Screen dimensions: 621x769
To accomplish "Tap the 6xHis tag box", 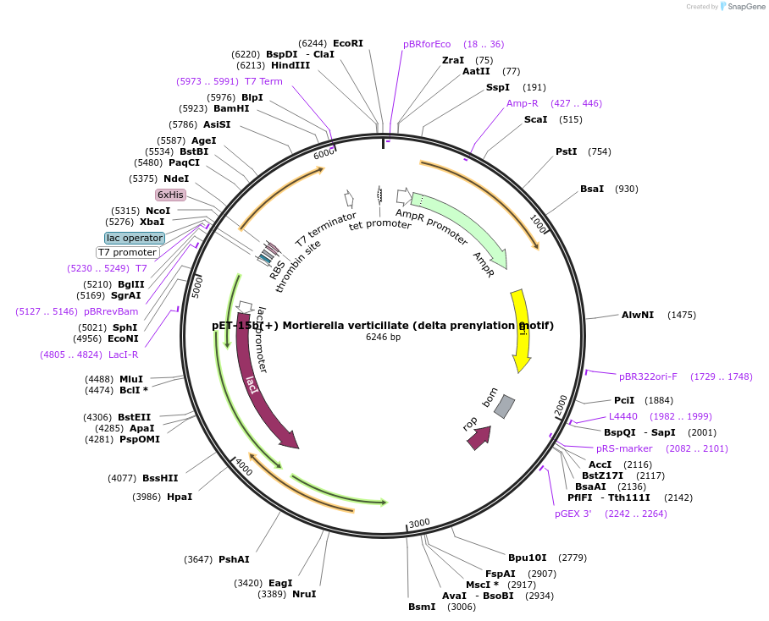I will (x=170, y=195).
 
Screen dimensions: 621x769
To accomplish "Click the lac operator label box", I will (x=134, y=238).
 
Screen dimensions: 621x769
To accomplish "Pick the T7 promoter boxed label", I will (x=127, y=252).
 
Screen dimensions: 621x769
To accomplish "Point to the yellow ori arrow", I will (x=520, y=330).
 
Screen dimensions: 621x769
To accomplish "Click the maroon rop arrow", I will (x=479, y=437).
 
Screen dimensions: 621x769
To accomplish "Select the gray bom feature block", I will (x=504, y=406).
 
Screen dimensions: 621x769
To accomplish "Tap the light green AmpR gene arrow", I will (x=462, y=228).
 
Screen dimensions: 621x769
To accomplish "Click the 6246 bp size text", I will (x=383, y=337).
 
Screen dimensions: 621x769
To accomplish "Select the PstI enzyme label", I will (x=566, y=151).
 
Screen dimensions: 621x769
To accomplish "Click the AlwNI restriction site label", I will (x=638, y=315).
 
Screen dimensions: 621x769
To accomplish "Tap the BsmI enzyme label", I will (x=422, y=606).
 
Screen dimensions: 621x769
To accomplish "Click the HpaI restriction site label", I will (x=180, y=497).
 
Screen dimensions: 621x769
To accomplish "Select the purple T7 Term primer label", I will (x=263, y=81).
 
